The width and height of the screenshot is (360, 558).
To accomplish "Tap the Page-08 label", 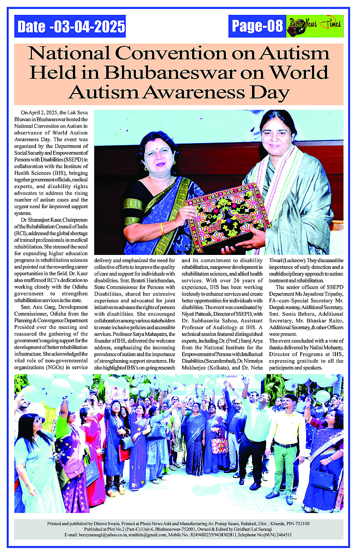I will point(257,27).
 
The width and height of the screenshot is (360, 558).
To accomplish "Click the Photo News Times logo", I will point(315,27).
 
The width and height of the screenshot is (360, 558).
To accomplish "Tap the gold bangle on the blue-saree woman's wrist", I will point(162,228).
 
